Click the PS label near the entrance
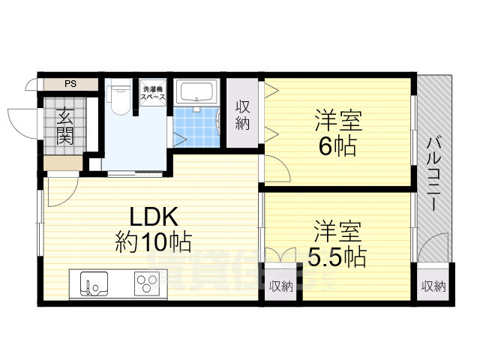70,83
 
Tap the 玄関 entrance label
65,126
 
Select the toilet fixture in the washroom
117,98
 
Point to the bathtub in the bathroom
199,94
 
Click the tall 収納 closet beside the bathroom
242,115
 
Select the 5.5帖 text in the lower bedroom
337,256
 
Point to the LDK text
154,217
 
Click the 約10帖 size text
154,242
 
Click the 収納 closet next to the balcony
433,286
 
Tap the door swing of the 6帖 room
277,171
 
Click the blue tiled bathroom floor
196,127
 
